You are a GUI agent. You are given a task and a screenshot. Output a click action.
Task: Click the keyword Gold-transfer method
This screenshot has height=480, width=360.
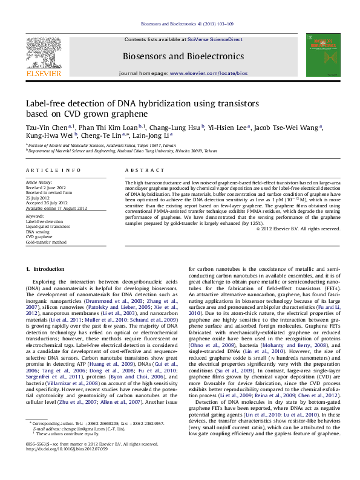click(46, 242)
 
